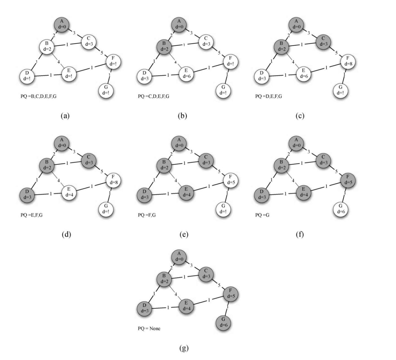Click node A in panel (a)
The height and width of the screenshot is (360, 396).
point(62,24)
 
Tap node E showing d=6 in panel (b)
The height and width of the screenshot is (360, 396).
point(186,73)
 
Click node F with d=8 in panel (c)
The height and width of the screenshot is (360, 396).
point(347,61)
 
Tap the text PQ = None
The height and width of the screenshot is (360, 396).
point(149,328)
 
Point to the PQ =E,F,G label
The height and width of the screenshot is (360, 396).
point(32,215)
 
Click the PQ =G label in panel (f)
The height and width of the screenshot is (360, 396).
point(262,215)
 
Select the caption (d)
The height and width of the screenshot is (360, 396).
point(66,234)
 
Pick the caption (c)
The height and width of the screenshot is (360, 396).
point(300,116)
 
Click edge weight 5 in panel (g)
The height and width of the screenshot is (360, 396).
point(219,285)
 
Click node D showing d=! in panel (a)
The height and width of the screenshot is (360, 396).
point(27,76)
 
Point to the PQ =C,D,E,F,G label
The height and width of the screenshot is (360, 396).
point(153,96)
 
